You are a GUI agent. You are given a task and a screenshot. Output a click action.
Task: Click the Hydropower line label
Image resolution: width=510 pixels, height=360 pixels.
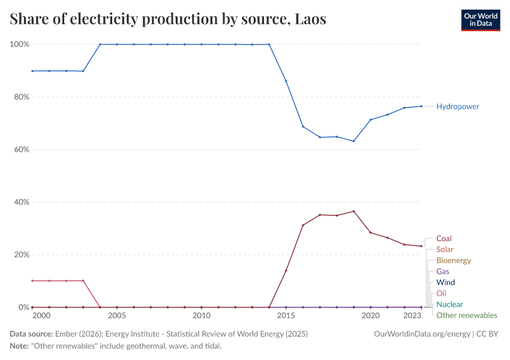tap(458, 106)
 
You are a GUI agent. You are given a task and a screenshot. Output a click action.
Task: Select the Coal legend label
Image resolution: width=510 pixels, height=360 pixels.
tap(444, 238)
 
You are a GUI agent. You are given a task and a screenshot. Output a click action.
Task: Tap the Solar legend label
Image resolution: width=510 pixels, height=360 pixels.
tap(445, 249)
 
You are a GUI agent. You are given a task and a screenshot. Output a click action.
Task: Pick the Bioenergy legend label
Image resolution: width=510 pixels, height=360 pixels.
tap(454, 260)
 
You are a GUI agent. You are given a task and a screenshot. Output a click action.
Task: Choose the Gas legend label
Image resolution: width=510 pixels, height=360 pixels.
tap(443, 271)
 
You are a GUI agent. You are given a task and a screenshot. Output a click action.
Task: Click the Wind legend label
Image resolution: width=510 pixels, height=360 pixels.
tap(445, 282)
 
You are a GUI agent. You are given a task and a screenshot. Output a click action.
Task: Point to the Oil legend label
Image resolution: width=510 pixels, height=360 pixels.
tap(441, 293)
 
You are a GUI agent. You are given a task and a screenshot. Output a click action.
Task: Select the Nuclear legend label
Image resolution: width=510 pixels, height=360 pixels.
tap(449, 304)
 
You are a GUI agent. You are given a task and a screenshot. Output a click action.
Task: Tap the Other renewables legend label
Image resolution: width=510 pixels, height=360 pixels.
tap(466, 315)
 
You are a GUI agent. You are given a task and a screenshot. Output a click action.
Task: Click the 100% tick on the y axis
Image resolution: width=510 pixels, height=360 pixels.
tap(20, 44)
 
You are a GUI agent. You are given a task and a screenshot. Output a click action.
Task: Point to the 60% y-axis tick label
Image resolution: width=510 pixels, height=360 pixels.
tap(21, 149)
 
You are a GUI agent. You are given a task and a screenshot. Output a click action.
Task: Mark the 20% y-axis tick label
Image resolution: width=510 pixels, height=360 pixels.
tap(21, 254)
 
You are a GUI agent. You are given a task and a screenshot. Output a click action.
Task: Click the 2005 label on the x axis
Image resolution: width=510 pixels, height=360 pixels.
tap(117, 316)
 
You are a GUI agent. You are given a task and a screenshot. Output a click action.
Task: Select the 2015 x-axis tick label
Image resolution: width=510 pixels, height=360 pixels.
tap(286, 316)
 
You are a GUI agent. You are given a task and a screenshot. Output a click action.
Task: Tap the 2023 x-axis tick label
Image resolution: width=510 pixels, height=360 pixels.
tap(412, 316)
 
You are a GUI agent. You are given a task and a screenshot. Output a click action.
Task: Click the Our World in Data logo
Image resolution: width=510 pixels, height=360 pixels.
tap(480, 20)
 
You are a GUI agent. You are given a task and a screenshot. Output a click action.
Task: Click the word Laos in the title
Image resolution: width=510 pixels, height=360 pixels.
tap(310, 19)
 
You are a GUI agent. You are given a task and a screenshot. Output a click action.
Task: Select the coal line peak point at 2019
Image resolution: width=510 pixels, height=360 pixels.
tap(354, 211)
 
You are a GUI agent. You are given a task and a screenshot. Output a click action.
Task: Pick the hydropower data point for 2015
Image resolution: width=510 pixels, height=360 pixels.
tap(286, 81)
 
